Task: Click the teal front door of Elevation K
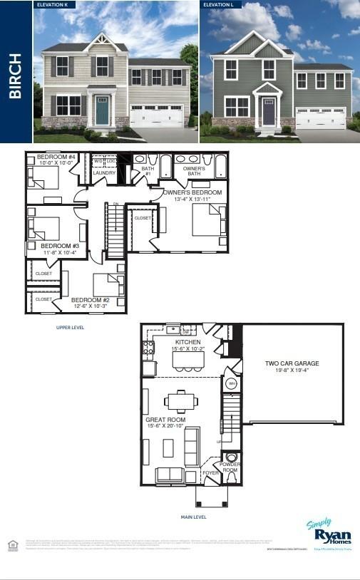click(x=102, y=112)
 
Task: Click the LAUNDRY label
click(x=104, y=172)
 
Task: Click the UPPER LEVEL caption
click(x=70, y=328)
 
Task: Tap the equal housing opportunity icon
click(x=11, y=545)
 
